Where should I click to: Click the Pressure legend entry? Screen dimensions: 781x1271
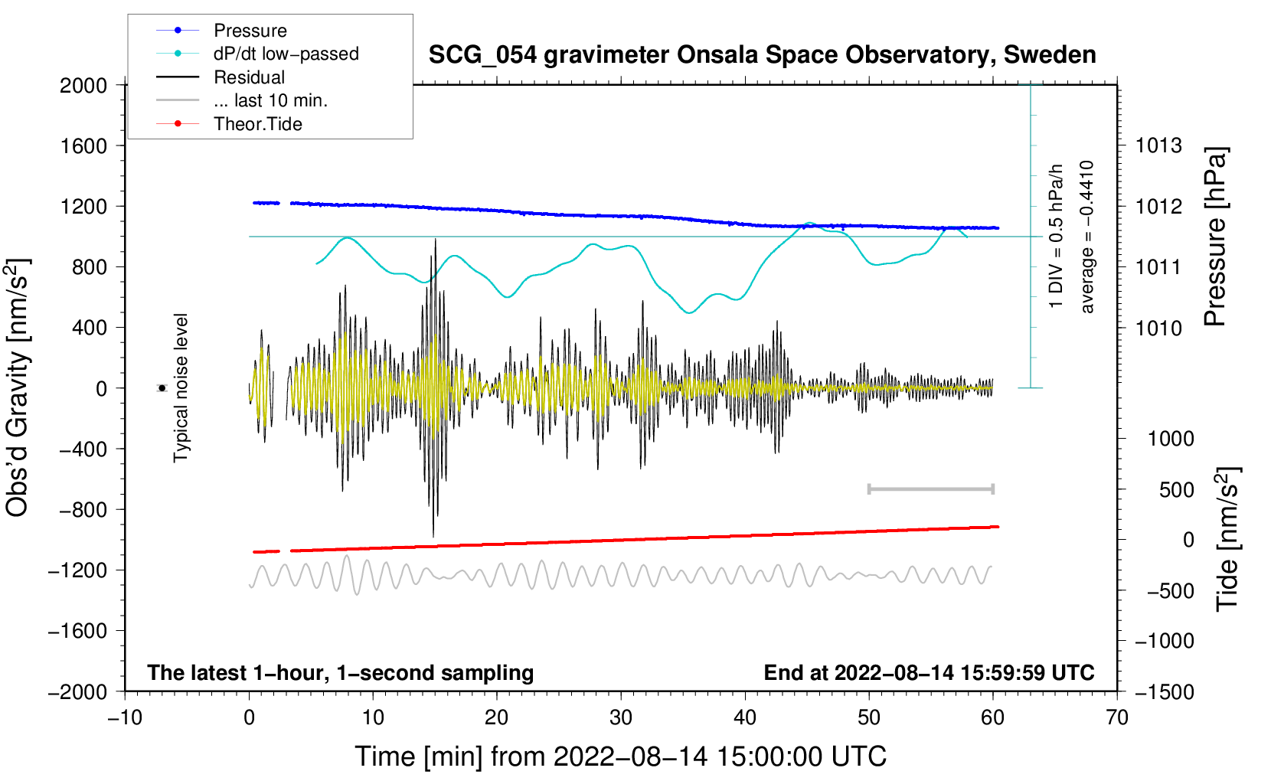click(x=250, y=31)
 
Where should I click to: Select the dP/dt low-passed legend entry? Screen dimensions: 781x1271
click(x=286, y=54)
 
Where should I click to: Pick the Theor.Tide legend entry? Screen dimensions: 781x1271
click(x=257, y=124)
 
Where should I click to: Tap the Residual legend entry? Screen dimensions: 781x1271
click(x=249, y=77)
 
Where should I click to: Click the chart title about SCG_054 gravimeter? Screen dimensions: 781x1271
click(x=762, y=55)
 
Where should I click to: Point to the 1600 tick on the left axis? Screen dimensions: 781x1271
click(x=84, y=145)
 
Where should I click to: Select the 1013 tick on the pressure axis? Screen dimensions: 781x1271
click(x=1158, y=145)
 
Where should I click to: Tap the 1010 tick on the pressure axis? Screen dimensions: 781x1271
click(x=1158, y=328)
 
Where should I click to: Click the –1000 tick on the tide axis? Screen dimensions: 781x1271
click(x=1164, y=641)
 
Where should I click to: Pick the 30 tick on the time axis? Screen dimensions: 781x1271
click(x=621, y=717)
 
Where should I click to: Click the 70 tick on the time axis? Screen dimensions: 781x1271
click(x=1117, y=717)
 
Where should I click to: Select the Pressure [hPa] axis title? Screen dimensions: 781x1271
click(x=1215, y=237)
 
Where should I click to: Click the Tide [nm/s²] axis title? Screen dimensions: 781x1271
click(x=1228, y=539)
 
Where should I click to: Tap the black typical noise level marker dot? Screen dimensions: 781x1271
click(x=162, y=388)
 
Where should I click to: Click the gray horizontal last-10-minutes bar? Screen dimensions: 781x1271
click(x=931, y=489)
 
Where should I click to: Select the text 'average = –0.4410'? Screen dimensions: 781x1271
click(x=1087, y=237)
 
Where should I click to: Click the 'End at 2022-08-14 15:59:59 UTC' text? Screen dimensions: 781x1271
click(x=929, y=672)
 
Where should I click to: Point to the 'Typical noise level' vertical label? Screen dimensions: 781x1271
click(x=181, y=388)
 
